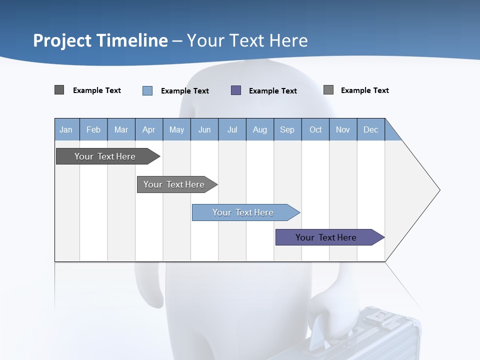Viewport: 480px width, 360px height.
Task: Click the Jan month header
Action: pyautogui.click(x=66, y=129)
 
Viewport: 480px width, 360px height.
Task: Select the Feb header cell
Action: pyautogui.click(x=93, y=129)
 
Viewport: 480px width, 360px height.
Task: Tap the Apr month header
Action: pyautogui.click(x=149, y=129)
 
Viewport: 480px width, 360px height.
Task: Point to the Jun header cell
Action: pyautogui.click(x=204, y=129)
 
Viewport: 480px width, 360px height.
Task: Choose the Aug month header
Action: pyautogui.click(x=260, y=129)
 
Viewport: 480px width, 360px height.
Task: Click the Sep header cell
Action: pyautogui.click(x=287, y=129)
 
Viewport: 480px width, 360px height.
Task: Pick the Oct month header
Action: pyautogui.click(x=315, y=129)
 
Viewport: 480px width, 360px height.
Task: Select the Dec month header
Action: pyautogui.click(x=371, y=129)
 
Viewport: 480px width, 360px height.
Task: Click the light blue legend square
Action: pyautogui.click(x=147, y=90)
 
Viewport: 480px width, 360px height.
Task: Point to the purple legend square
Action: pyautogui.click(x=236, y=90)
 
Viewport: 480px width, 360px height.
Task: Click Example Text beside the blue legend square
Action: pyautogui.click(x=185, y=91)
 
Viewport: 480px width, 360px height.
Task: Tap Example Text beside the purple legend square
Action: pyautogui.click(x=273, y=91)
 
